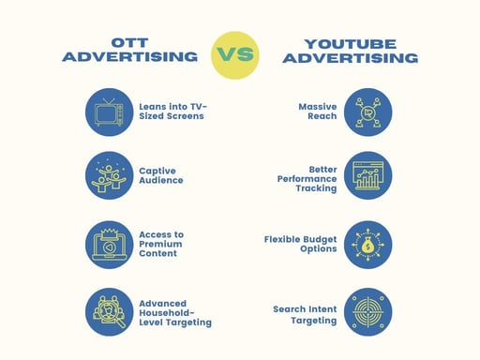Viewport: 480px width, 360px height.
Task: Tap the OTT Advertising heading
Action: [129, 51]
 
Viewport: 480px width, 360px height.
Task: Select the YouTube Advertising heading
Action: [351, 51]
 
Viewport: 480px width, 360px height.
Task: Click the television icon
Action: [109, 112]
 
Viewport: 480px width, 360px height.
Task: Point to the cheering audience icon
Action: [109, 175]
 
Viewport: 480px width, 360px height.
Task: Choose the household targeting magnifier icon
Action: [109, 311]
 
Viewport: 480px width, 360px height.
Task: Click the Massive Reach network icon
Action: [367, 112]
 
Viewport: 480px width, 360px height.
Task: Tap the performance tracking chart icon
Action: [367, 175]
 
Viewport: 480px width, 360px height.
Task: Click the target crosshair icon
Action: [367, 311]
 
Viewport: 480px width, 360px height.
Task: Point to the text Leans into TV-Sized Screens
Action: [172, 112]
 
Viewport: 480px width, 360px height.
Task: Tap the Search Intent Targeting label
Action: [304, 314]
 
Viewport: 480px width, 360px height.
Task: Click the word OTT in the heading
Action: [130, 43]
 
